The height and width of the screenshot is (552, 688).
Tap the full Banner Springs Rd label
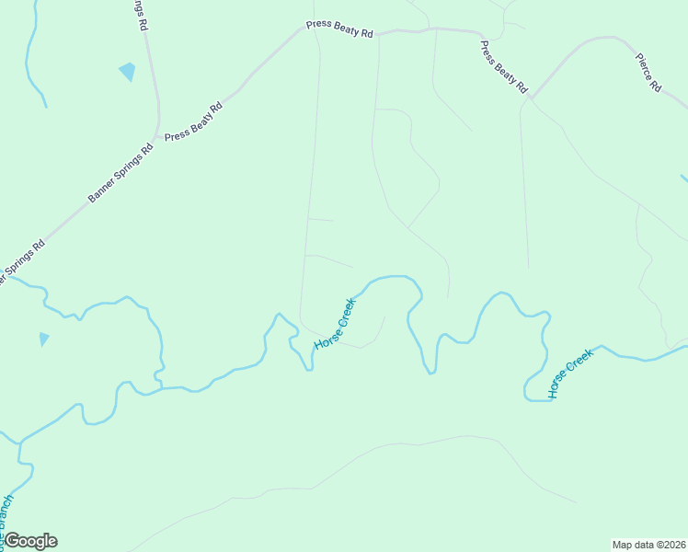coord(120,172)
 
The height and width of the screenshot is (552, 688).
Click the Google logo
coord(30,541)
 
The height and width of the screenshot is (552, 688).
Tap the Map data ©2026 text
coord(649,544)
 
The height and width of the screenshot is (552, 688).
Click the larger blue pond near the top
coord(127,71)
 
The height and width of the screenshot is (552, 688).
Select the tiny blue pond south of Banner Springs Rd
coord(43,339)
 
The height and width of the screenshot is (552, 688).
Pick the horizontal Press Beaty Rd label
coord(339,30)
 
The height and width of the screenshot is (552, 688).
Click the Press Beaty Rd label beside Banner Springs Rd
coord(194,121)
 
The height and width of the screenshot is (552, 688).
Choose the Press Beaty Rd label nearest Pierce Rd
coord(504,67)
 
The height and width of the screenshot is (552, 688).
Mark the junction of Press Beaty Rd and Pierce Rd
coord(532,96)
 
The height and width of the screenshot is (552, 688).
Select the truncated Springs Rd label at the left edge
coord(20,262)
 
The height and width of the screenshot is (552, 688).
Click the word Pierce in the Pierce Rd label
coord(644,65)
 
